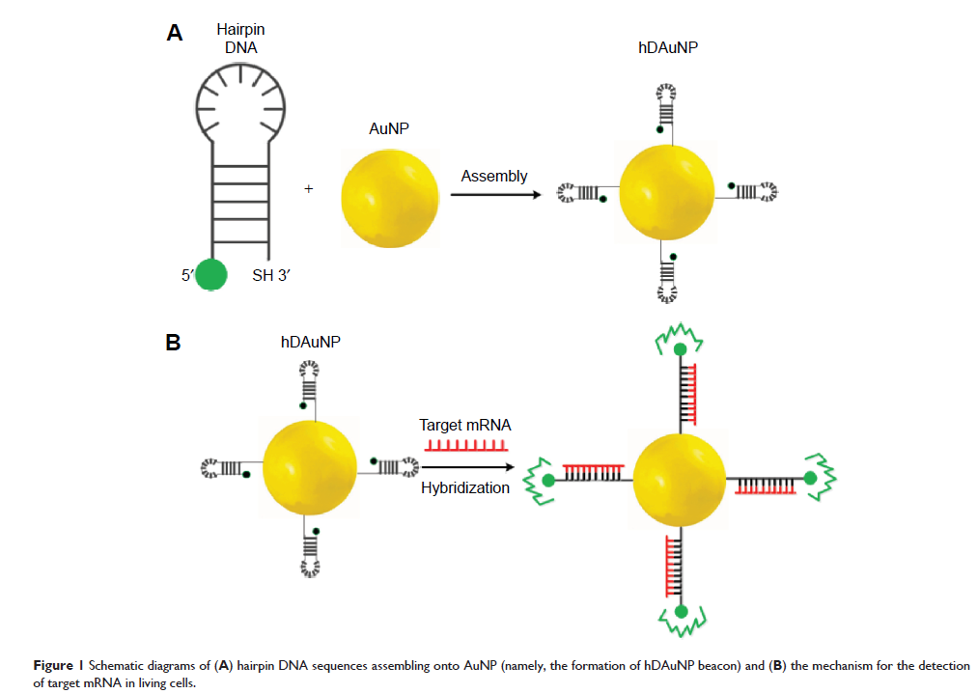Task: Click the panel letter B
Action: pyautogui.click(x=174, y=342)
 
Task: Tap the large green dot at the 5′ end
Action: pyautogui.click(x=211, y=274)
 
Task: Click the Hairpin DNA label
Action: pyautogui.click(x=235, y=38)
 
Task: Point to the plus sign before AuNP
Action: pyautogui.click(x=309, y=190)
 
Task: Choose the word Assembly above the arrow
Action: pyautogui.click(x=494, y=176)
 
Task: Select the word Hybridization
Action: pyautogui.click(x=464, y=488)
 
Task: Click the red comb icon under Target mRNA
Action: pyautogui.click(x=464, y=445)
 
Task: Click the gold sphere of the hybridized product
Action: pyautogui.click(x=681, y=479)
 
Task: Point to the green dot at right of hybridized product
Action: pyautogui.click(x=810, y=478)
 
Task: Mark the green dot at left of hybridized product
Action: pyautogui.click(x=548, y=480)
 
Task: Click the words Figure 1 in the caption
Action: pyautogui.click(x=53, y=666)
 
